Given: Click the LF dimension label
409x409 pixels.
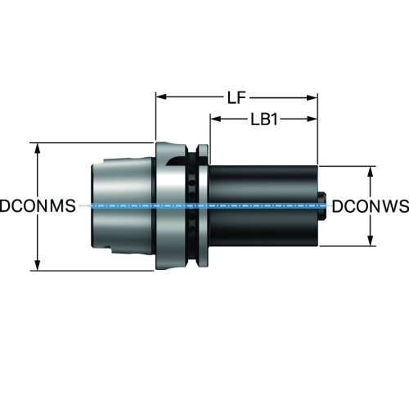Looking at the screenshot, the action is tap(236, 97).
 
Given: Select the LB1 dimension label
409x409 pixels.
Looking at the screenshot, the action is tap(264, 119).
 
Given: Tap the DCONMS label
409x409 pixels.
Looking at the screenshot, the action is tap(38, 206).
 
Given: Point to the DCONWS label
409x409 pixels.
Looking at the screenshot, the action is tap(371, 206).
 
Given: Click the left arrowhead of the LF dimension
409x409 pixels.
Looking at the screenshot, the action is tap(161, 97).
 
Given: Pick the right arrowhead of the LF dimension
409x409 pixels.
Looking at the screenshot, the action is tap(312, 97).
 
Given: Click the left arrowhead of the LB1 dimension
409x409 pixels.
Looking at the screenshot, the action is tap(215, 119).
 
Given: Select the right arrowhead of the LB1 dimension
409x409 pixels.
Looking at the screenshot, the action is tap(312, 119).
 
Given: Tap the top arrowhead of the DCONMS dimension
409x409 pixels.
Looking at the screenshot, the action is tap(38, 148).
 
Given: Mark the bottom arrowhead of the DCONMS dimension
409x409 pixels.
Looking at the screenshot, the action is tap(38, 265).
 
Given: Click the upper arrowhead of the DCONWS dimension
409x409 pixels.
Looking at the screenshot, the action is tap(371, 172).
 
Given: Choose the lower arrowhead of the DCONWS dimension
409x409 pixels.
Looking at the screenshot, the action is tap(371, 240).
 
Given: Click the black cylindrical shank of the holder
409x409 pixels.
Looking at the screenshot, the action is tap(263, 206).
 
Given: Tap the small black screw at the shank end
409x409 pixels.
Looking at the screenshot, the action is tap(322, 206).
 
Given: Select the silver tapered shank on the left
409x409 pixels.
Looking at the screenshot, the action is tap(122, 206).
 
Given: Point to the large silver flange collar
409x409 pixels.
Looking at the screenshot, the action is tap(170, 206).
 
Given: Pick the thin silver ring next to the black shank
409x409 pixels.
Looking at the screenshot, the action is tap(203, 206).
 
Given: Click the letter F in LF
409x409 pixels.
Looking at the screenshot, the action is tap(241, 97).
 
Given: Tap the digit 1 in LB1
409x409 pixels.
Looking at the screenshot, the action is tap(274, 119).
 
